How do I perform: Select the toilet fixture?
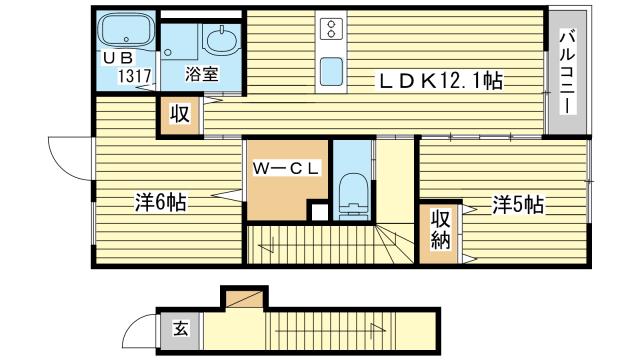[x=351, y=193]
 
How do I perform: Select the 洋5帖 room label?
[x=517, y=205]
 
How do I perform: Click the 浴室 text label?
[x=200, y=73]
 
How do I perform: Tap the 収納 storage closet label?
[x=440, y=229]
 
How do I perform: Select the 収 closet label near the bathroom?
[x=178, y=114]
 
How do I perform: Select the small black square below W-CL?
[x=318, y=211]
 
